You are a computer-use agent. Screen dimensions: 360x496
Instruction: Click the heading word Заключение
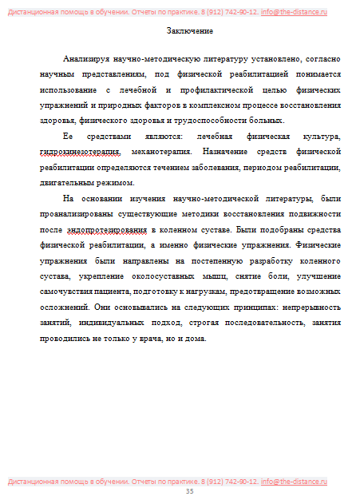pos(190,30)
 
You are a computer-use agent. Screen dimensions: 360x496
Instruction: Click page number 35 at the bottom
pos(190,491)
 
